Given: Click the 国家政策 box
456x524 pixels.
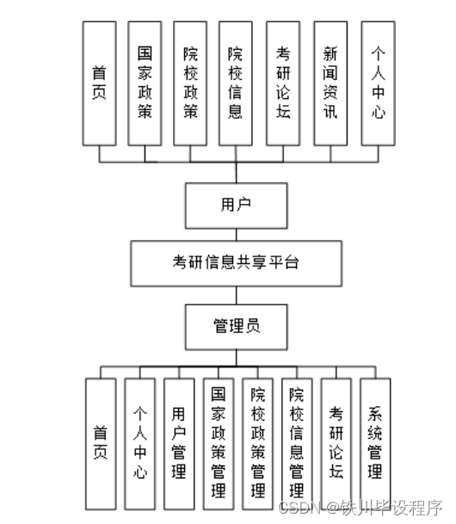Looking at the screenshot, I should click(145, 83).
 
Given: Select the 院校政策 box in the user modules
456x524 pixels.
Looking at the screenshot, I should click(191, 83).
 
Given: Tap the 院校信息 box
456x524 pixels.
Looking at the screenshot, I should click(236, 83).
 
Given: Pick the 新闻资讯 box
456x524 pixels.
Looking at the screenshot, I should click(331, 83).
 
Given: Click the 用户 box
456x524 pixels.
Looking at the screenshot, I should click(236, 204).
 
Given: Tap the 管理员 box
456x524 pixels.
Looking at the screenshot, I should click(236, 325).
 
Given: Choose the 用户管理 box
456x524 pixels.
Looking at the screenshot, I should click(178, 443).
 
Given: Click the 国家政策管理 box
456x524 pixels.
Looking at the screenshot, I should click(218, 443).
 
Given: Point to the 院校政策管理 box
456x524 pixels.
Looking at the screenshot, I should click(257, 443).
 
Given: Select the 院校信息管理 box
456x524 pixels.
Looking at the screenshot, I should click(297, 443).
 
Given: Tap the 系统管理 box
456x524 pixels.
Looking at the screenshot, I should click(375, 443).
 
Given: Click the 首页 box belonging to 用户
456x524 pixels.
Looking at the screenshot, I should click(99, 83).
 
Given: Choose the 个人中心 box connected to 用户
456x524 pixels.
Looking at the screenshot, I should click(378, 83).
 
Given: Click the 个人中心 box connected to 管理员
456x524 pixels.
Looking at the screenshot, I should click(139, 443).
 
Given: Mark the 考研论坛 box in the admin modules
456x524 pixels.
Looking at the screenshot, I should click(336, 443).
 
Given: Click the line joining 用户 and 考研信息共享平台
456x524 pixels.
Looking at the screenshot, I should click(236, 232).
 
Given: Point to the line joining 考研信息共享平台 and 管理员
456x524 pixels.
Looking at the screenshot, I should click(236, 295).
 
